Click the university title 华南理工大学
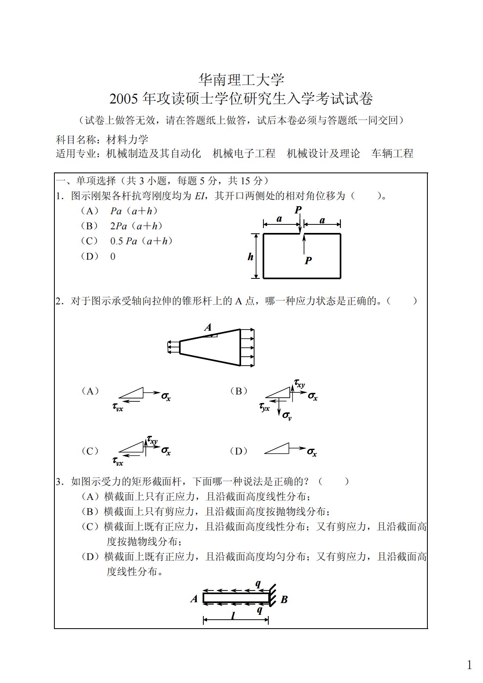coord(241,80)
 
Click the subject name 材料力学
coord(127,140)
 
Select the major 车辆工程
coord(392,153)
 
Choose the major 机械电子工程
coord(244,153)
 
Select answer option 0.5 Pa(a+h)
coord(141,241)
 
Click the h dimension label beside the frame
coord(250,256)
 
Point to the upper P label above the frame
coord(298,210)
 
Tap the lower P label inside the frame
coord(308,261)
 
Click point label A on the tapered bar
coord(208,327)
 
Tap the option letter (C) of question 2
coord(90,451)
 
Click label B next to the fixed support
coord(284,599)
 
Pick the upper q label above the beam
coord(258,584)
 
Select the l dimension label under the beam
coord(233,616)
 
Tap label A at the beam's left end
coord(194,599)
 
